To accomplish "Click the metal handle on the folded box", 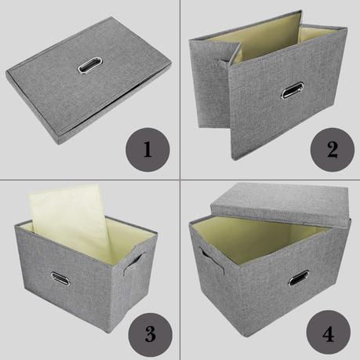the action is (x=90, y=64).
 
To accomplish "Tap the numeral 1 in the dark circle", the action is (x=147, y=150).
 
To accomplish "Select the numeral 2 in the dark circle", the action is (x=333, y=150).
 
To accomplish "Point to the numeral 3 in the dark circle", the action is (x=150, y=334).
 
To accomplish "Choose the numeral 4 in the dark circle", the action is (x=329, y=334).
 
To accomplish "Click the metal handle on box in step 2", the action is (x=293, y=90).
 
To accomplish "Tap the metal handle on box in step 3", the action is (x=60, y=278).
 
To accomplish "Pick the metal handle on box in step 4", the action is (x=299, y=278).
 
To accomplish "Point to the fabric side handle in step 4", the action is (x=212, y=260).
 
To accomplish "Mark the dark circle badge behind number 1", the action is (x=147, y=150).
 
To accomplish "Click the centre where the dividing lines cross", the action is (x=180, y=180).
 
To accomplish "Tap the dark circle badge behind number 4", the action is (x=329, y=333).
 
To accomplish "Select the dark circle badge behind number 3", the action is (x=150, y=334).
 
